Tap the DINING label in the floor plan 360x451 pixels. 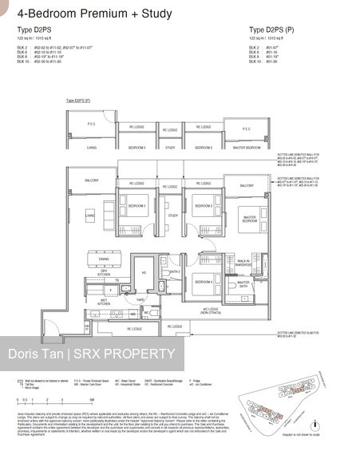click(x=105, y=259)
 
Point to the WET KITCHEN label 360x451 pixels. click(x=104, y=302)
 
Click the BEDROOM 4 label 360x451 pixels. click(x=204, y=282)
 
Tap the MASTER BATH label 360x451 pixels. click(x=243, y=283)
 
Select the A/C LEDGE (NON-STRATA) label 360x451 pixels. click(x=211, y=311)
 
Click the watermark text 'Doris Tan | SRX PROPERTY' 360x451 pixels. click(x=89, y=354)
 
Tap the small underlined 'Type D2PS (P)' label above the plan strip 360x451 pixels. click(x=77, y=101)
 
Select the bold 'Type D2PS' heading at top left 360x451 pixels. click(x=35, y=30)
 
